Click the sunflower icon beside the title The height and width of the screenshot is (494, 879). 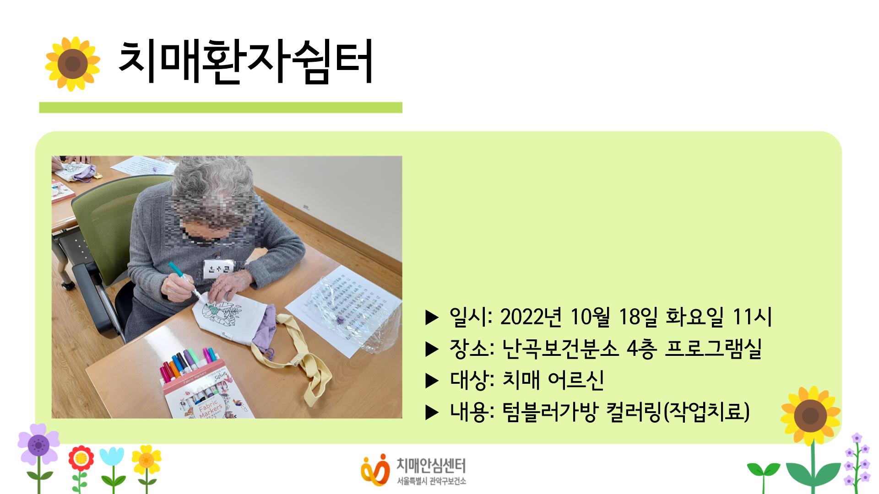[72, 64]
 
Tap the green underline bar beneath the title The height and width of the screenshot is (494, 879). [220, 107]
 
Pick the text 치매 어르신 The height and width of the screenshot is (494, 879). [553, 380]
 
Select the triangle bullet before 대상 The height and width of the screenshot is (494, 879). [432, 381]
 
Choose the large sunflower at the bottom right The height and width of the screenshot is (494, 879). [810, 415]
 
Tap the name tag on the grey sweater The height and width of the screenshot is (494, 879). [218, 268]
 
